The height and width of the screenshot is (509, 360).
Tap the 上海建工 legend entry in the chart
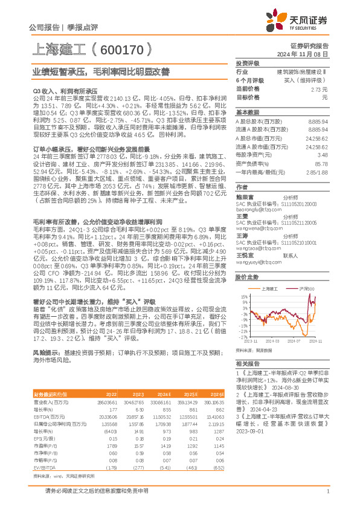tap(271, 289)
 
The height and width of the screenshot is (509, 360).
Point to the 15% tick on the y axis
tap(243, 296)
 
